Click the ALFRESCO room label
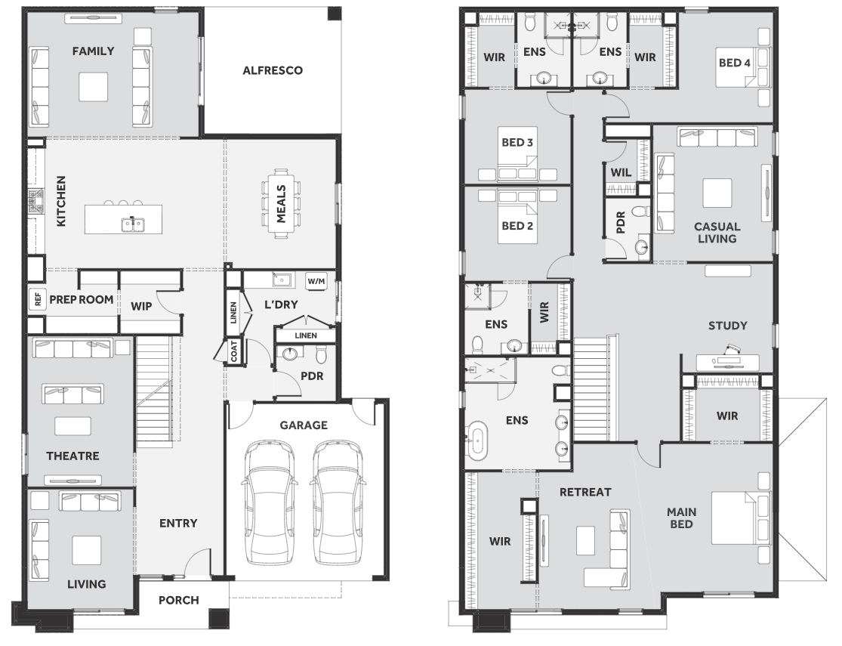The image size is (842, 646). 273,70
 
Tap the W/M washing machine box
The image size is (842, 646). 316,281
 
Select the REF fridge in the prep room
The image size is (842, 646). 37,298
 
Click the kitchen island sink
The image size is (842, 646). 132,223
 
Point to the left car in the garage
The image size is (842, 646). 269,502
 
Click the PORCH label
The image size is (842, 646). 179,601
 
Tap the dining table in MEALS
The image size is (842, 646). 282,203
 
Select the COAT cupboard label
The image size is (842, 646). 234,351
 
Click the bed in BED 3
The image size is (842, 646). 517,153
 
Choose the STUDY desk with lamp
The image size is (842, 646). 728,361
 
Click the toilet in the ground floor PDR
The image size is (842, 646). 321,355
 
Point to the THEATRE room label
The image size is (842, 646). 72,456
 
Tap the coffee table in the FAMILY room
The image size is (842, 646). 94,87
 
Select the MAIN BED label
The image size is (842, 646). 681,518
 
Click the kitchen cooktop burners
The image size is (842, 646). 36,200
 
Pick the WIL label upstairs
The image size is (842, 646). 621,172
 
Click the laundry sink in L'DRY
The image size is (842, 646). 281,280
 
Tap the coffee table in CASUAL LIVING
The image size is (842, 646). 717,193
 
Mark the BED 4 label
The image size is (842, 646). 735,63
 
